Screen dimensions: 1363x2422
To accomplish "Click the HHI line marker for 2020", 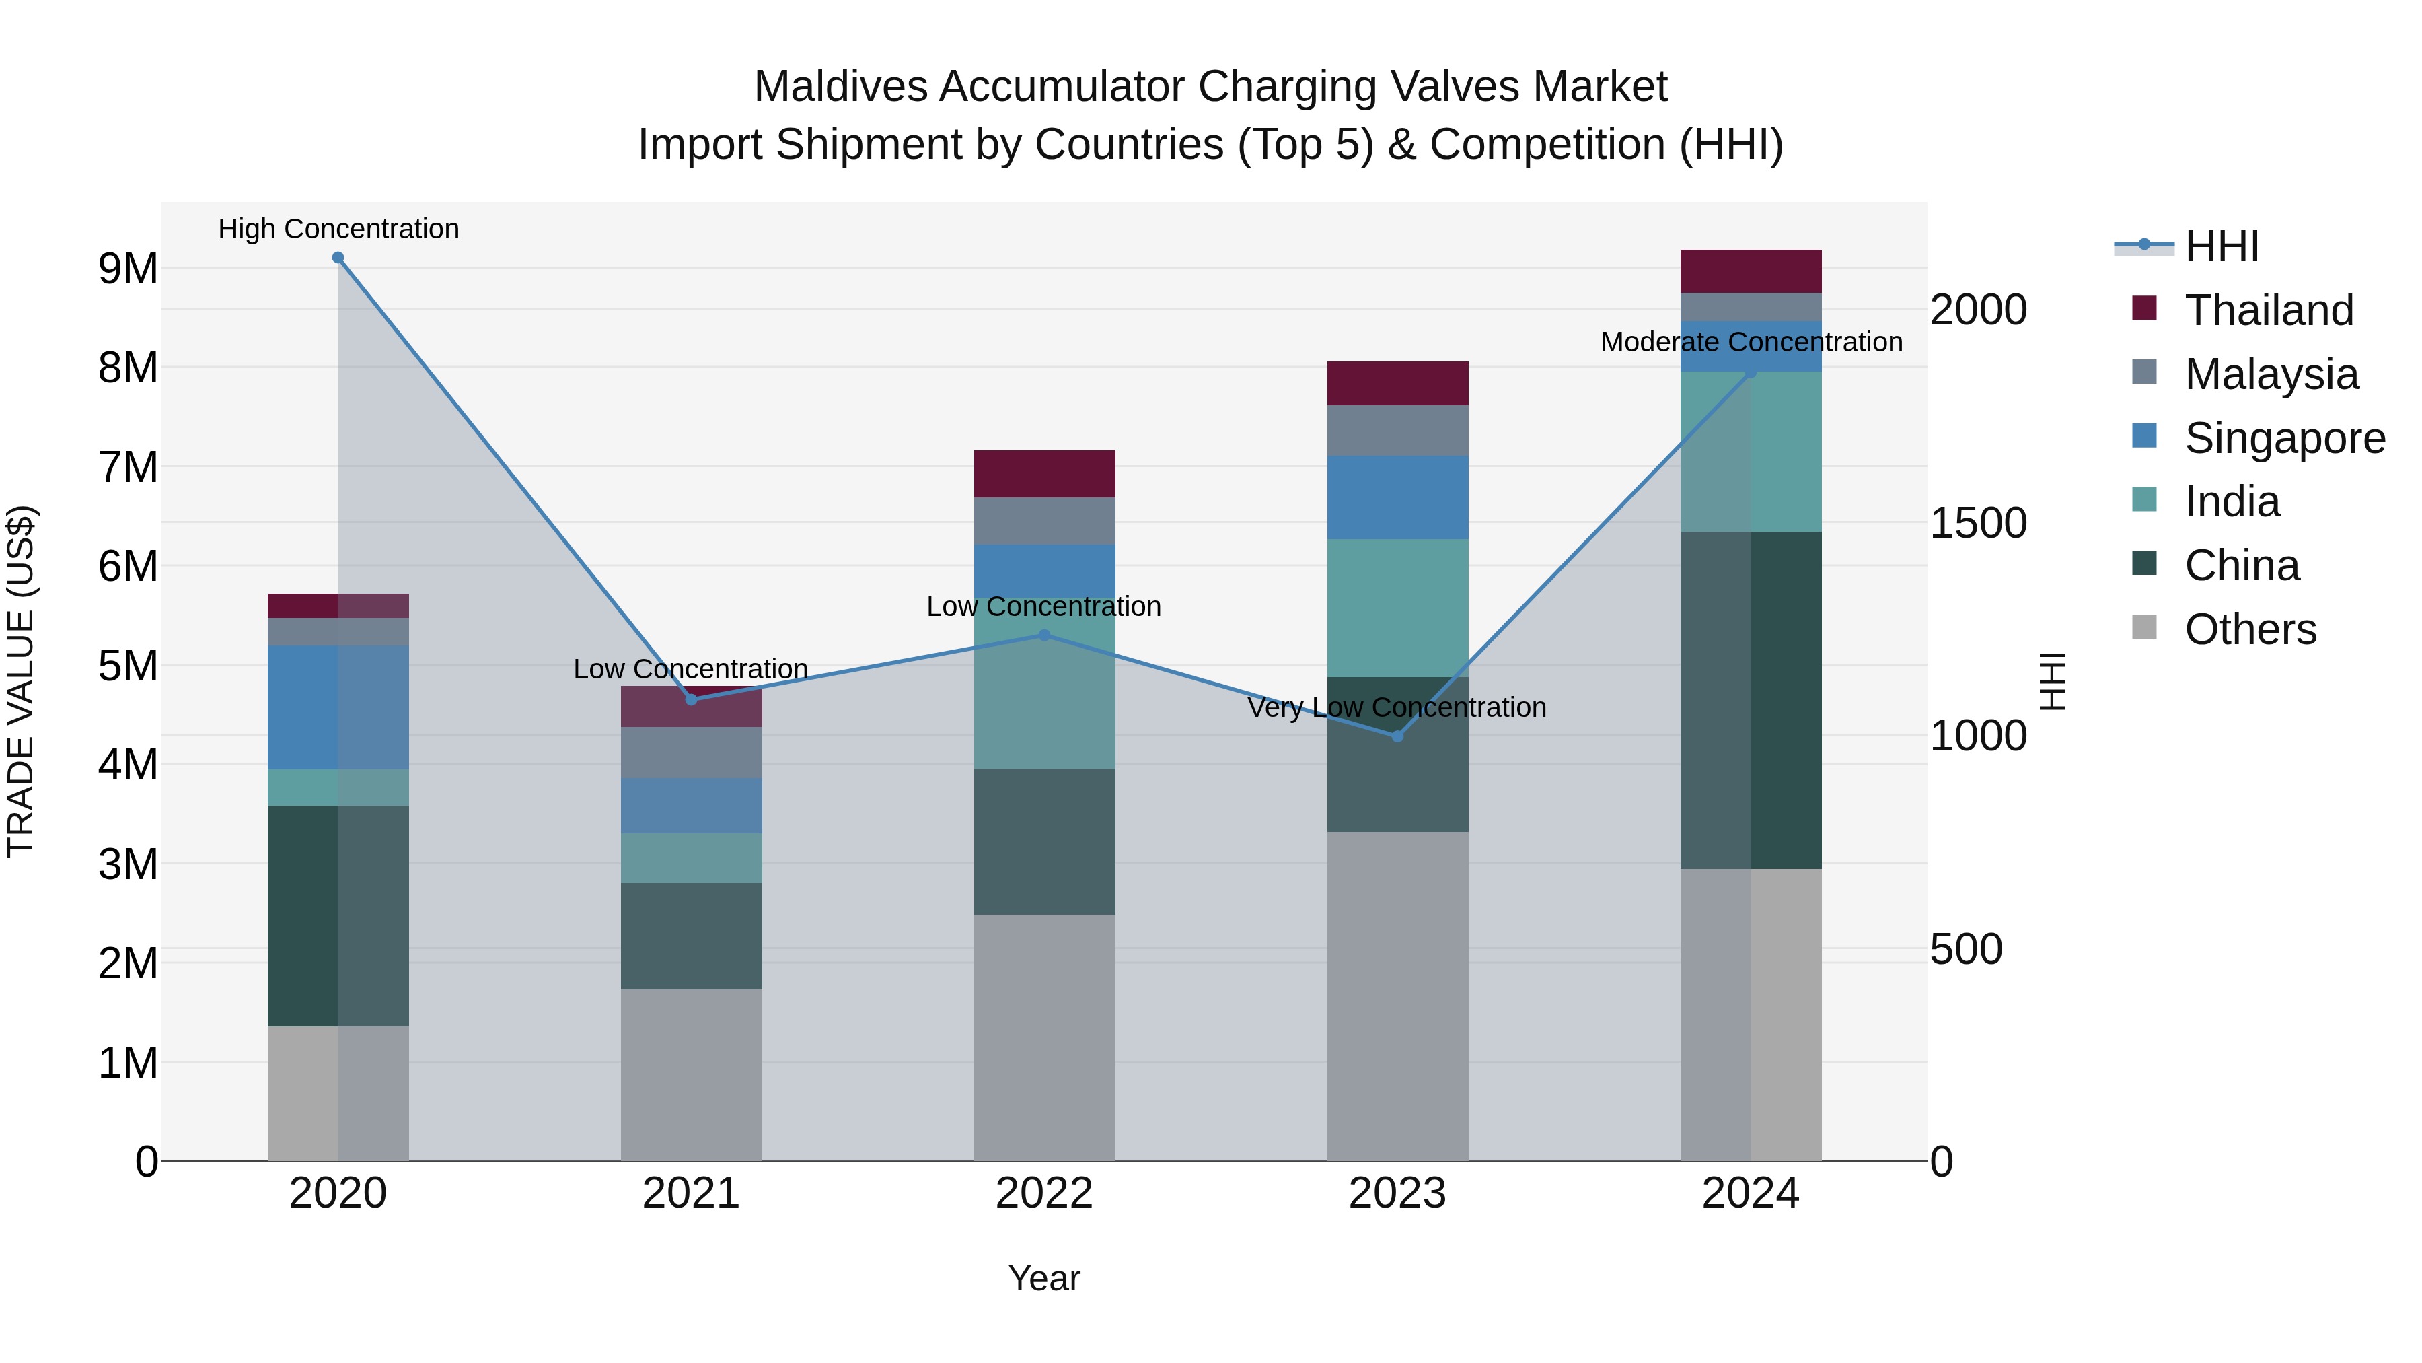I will [x=338, y=258].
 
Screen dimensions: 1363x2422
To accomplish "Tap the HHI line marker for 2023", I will [x=1397, y=736].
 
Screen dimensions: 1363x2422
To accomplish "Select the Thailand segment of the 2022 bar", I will [x=1045, y=473].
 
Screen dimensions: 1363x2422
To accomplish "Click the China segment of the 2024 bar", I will [x=1751, y=700].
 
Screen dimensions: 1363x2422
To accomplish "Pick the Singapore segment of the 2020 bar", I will [x=338, y=707].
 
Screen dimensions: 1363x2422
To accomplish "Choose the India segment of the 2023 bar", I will [x=1397, y=608].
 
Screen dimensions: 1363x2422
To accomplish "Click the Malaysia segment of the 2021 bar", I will [x=691, y=753].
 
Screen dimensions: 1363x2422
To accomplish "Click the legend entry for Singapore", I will [x=2284, y=438].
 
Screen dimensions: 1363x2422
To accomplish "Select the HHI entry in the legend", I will [x=2221, y=246].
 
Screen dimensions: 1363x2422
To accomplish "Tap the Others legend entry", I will [x=2249, y=629].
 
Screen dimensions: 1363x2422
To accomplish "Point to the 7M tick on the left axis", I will [x=129, y=468].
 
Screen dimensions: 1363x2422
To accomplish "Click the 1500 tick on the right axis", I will [x=1978, y=523].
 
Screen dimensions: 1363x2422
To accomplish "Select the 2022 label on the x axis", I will [x=1043, y=1193].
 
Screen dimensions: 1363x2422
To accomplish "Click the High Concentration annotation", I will [x=338, y=229].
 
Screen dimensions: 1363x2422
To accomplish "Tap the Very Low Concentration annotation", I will [x=1397, y=707].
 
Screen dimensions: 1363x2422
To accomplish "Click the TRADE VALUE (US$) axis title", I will [x=21, y=681].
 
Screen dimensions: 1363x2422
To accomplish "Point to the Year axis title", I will [x=1043, y=1278].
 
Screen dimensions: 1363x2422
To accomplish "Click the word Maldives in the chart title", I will [x=840, y=87].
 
